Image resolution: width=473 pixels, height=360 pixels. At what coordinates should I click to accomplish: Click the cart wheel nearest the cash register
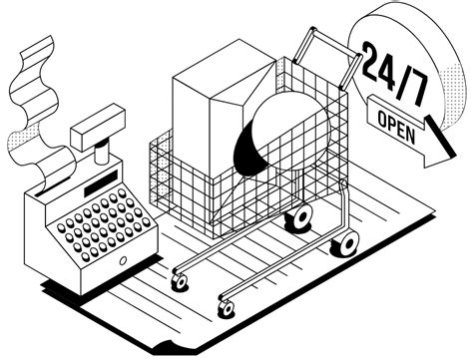pyautogui.click(x=180, y=282)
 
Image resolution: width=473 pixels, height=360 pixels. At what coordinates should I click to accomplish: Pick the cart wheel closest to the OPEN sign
pyautogui.click(x=346, y=241)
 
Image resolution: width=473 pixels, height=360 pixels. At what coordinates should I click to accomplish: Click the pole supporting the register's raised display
pyautogui.click(x=100, y=154)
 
